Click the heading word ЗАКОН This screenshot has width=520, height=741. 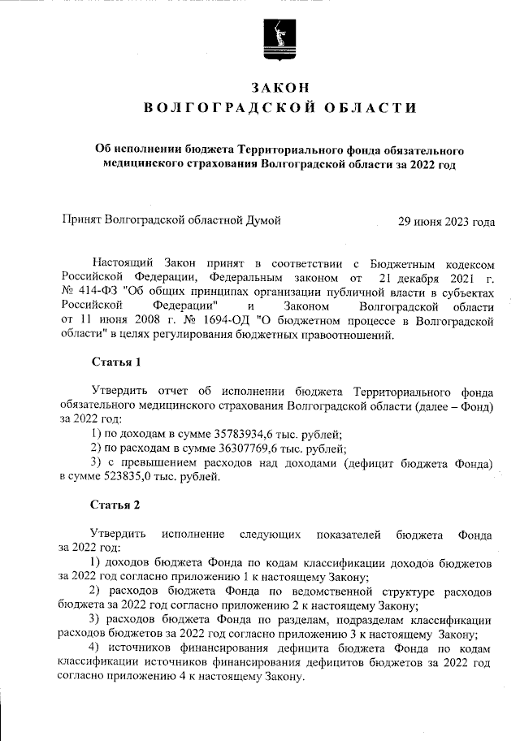point(279,87)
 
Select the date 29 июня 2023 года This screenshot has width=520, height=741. point(446,220)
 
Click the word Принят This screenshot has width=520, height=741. point(84,220)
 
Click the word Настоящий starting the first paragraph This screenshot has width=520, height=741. point(122,264)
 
